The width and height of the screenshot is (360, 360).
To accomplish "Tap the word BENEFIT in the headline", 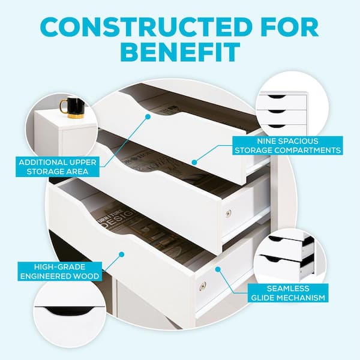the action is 180,52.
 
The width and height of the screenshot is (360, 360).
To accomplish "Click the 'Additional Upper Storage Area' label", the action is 58,167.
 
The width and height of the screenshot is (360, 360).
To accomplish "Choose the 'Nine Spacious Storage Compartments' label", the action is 287,146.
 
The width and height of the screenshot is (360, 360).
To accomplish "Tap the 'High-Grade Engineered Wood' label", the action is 59,271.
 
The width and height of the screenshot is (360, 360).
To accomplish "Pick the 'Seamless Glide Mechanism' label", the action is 288,293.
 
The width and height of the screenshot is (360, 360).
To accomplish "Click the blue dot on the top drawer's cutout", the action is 148,116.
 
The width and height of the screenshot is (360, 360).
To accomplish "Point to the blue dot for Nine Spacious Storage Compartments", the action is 194,163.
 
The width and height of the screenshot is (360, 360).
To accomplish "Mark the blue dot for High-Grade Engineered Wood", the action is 122,254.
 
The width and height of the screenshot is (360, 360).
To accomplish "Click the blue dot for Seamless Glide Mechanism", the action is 218,269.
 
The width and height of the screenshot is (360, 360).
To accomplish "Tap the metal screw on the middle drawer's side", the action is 228,214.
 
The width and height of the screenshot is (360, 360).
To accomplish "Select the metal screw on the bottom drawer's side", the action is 203,286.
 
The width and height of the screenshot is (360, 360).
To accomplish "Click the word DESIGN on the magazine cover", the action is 119,220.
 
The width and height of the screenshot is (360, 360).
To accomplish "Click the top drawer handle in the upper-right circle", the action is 277,97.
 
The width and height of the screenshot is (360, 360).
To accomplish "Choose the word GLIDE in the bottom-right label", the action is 263,298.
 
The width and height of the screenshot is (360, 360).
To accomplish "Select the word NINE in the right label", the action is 265,141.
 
